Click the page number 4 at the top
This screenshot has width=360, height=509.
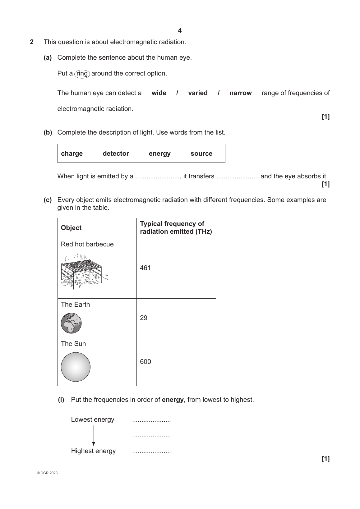[180, 30]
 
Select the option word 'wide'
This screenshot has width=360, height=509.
[159, 93]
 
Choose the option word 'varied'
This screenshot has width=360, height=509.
[198, 93]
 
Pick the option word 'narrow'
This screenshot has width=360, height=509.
[240, 93]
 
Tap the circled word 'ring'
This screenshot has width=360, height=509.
[82, 74]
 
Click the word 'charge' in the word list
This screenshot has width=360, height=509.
[72, 154]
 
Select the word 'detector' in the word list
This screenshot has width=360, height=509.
[116, 154]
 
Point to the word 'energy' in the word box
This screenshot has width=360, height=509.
[159, 154]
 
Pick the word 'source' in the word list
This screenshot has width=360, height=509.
[201, 154]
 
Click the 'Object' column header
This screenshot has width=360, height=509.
[71, 228]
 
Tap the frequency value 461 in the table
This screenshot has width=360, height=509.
[145, 268]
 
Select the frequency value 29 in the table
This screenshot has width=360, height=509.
[144, 318]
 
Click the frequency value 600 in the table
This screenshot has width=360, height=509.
[145, 362]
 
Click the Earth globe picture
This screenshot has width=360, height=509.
[71, 323]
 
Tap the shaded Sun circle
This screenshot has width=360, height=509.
[76, 367]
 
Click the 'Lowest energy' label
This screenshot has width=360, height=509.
[92, 420]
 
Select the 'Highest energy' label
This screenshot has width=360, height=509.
[93, 451]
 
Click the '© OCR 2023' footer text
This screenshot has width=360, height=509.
[47, 473]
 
